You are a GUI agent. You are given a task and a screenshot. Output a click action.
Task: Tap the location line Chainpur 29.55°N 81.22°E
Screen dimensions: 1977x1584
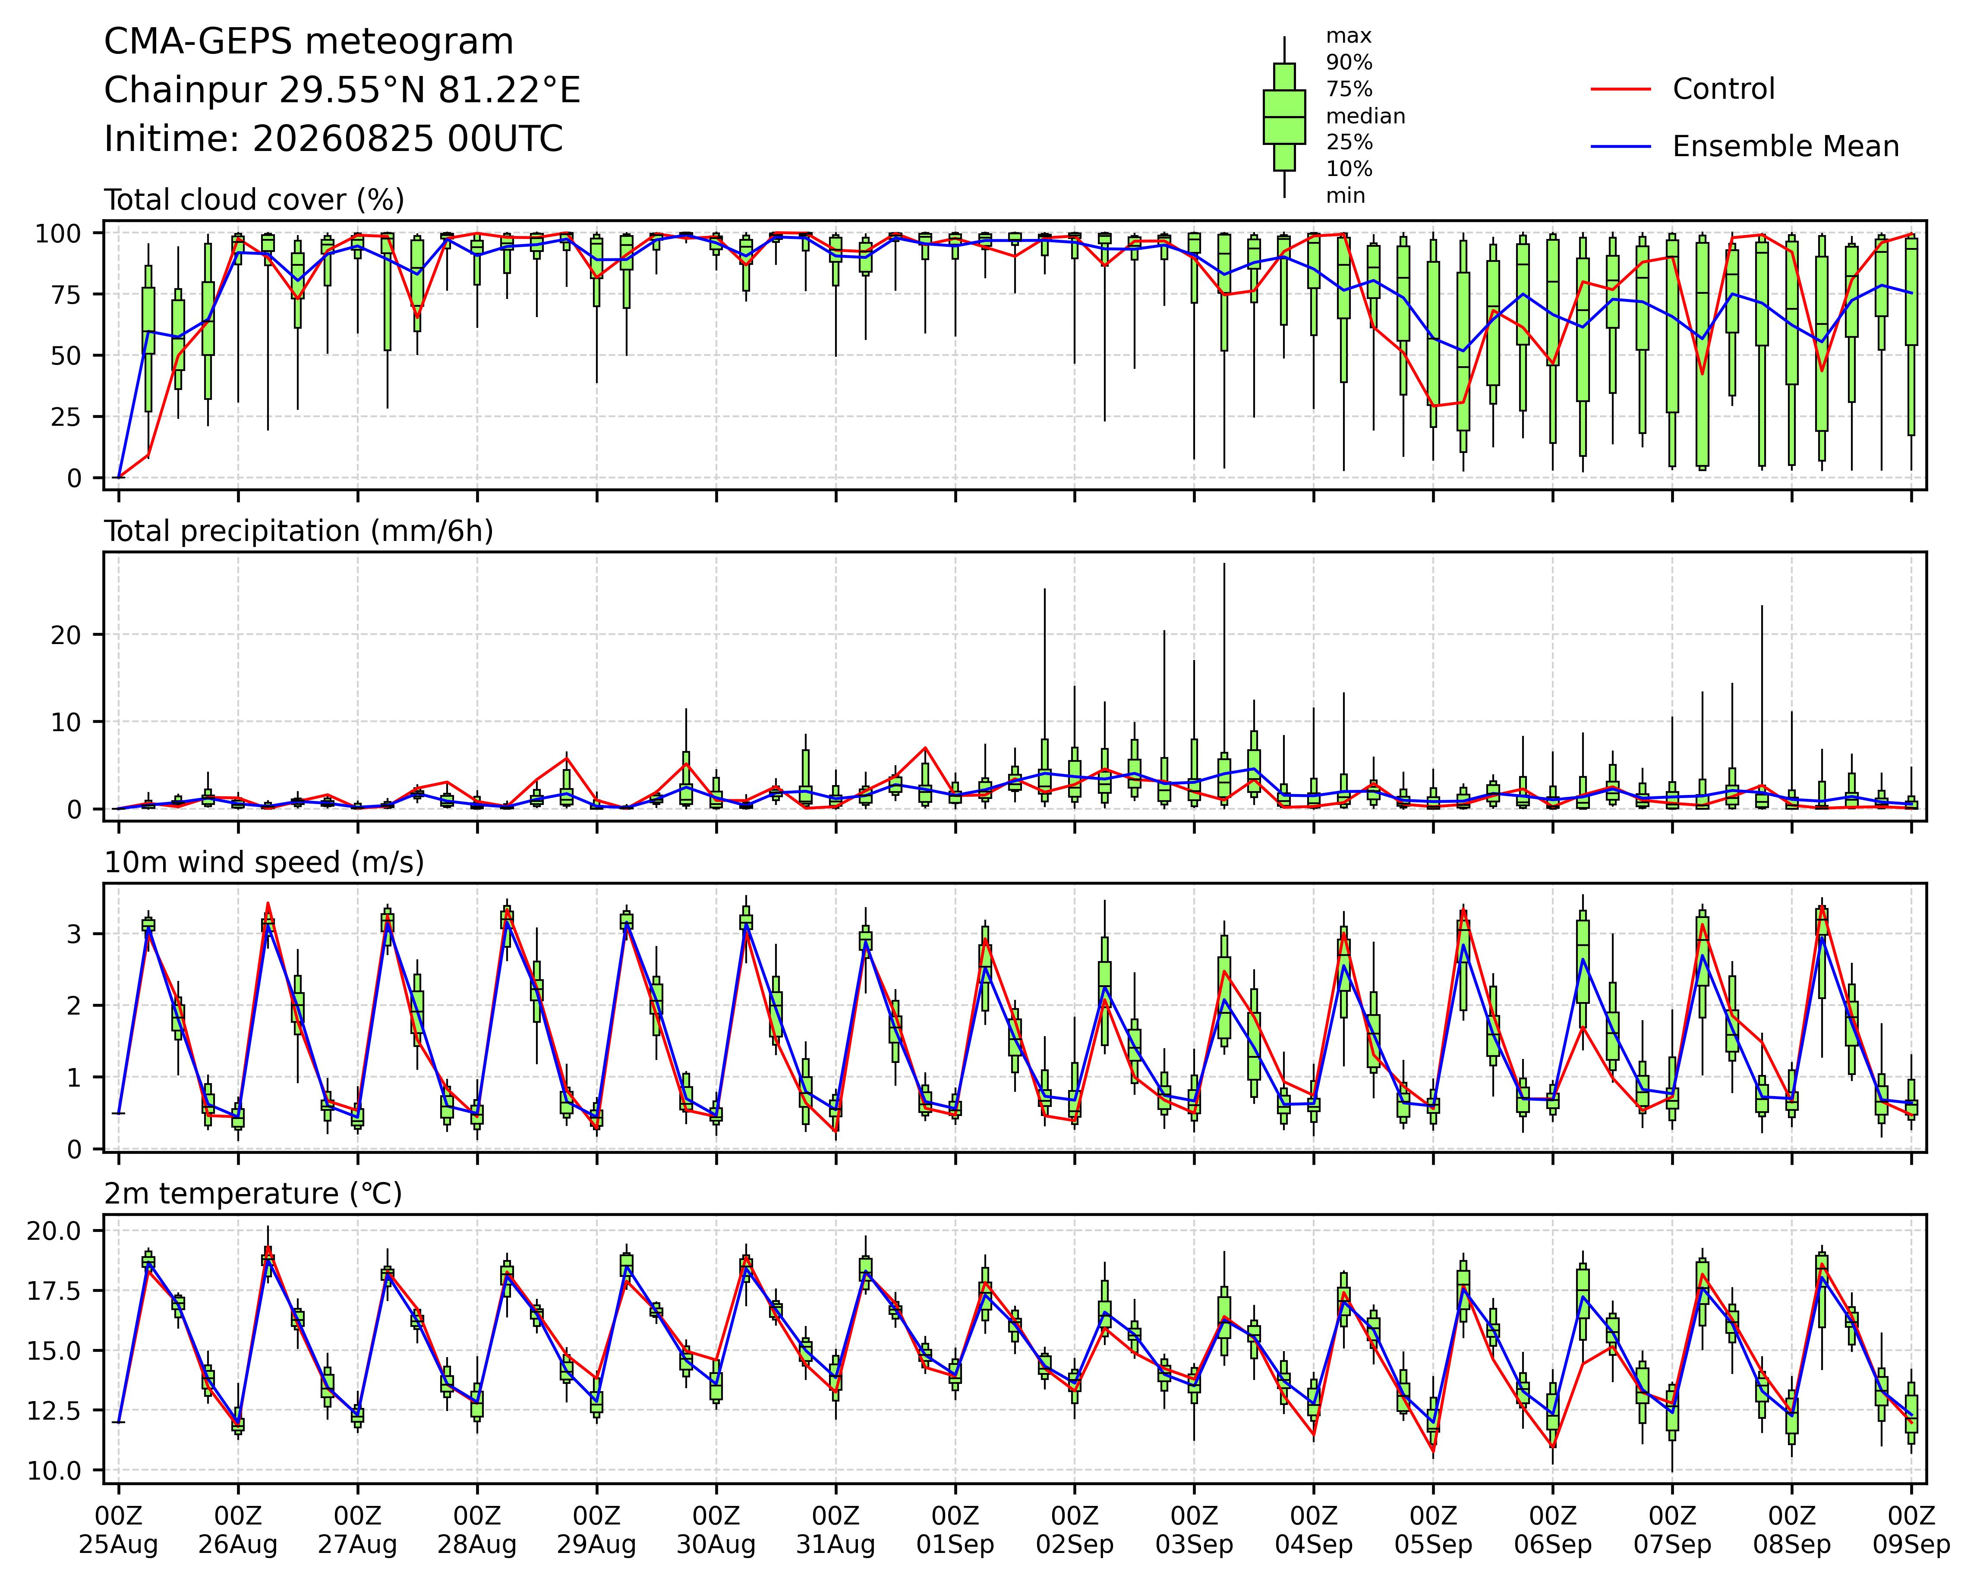(342, 91)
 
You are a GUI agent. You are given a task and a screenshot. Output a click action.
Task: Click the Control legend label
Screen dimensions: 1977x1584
(1723, 89)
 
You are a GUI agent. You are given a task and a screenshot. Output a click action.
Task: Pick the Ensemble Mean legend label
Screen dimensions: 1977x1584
(1785, 147)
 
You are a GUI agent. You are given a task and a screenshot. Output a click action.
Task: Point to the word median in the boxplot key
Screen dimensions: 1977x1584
(1365, 116)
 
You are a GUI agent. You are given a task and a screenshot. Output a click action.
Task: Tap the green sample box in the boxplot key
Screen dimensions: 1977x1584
(1284, 116)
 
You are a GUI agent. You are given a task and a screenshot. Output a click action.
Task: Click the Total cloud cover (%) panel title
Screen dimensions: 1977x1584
(254, 200)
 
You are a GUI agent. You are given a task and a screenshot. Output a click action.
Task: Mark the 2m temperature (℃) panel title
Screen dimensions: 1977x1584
(253, 1194)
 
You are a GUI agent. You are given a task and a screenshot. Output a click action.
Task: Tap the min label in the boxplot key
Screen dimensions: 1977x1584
(1345, 196)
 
